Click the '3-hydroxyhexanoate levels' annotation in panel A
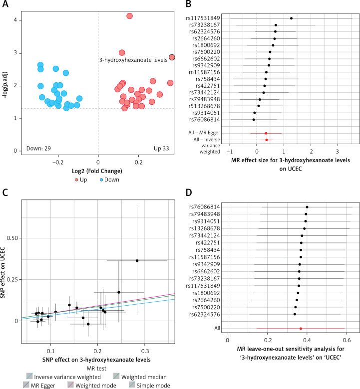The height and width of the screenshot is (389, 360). (133, 60)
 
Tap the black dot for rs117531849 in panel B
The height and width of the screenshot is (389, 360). (291, 18)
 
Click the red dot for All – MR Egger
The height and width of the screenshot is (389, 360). (266, 133)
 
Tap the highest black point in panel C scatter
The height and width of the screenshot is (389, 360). (137, 260)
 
